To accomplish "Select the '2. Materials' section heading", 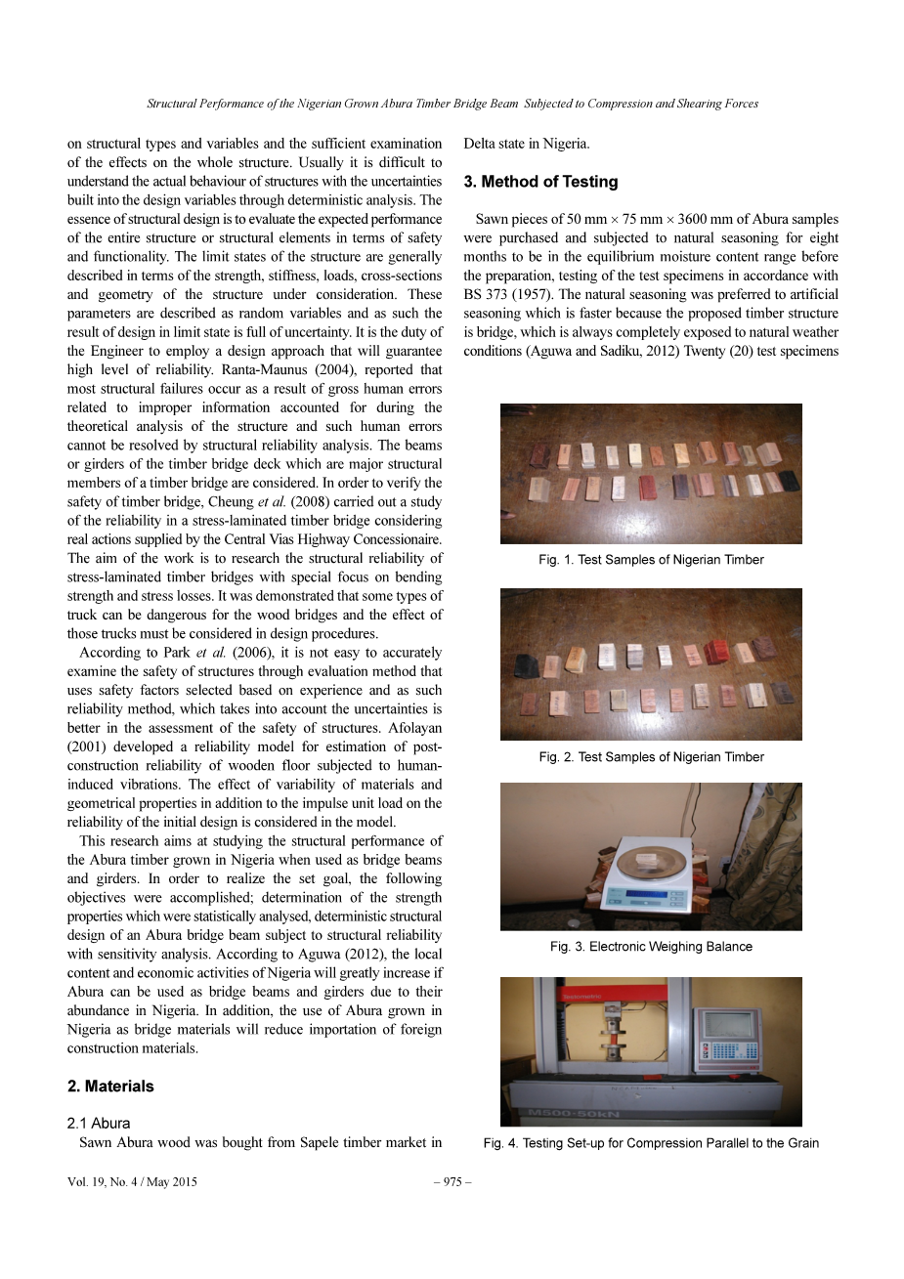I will point(110,1087).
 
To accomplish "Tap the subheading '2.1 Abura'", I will point(99,1124).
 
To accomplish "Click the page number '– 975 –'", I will point(452,1182).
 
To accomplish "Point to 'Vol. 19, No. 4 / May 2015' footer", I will point(132,1182).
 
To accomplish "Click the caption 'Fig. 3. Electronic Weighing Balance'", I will point(651,947).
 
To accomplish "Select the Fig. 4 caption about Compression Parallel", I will point(651,1143).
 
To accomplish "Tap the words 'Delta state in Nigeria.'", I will point(527,144).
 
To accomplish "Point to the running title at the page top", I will point(452,104).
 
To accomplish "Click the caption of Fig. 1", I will point(651,560).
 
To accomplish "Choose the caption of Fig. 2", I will point(651,757).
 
